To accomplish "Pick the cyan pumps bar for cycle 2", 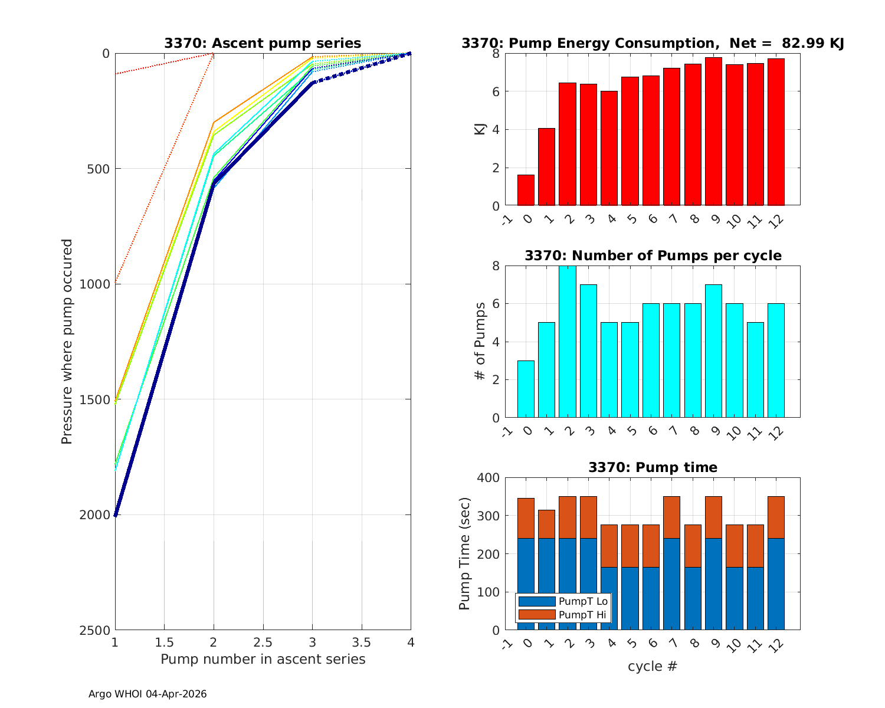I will point(568,342).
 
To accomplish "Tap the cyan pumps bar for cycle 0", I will point(526,389).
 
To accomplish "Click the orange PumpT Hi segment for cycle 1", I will point(546,524).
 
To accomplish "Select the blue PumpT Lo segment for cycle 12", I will point(776,584).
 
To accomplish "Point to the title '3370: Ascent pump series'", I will point(263,43).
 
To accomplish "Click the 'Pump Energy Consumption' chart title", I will point(653,43).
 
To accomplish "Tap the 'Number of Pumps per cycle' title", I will point(653,255).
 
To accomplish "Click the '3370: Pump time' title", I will point(653,467).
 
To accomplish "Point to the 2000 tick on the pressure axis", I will point(98,515).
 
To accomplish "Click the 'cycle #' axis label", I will point(653,667).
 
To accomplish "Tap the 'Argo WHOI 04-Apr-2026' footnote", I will point(147,694).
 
